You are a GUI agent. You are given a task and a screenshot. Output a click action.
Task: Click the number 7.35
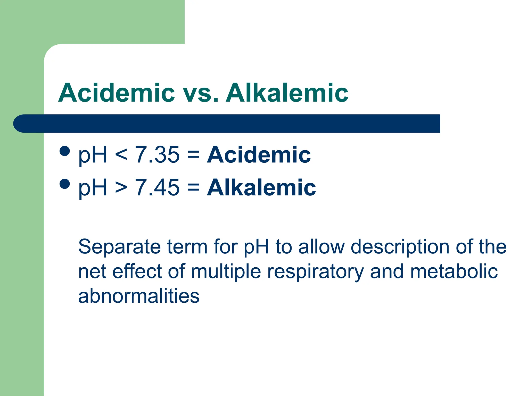[157, 155]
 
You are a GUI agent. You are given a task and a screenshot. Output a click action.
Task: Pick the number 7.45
[157, 187]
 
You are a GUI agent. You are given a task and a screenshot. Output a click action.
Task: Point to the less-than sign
[121, 155]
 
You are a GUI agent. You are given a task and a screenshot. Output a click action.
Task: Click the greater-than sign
[121, 187]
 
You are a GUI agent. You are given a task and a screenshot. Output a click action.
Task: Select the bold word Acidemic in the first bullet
[259, 155]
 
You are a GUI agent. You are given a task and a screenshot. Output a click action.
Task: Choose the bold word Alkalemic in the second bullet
[261, 187]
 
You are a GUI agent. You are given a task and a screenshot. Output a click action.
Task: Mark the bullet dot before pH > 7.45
[64, 184]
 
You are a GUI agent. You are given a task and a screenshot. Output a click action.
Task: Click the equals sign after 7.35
[193, 155]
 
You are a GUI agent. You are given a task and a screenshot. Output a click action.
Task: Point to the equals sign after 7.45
[193, 187]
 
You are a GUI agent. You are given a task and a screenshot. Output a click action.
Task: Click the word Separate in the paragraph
[119, 247]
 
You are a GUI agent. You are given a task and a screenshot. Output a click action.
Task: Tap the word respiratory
[315, 272]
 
